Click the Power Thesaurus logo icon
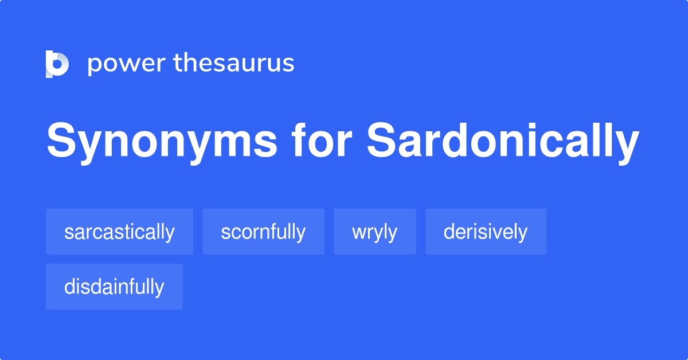tap(57, 64)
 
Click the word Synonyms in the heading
tap(162, 141)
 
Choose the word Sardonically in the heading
tap(503, 141)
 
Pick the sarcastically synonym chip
tap(119, 232)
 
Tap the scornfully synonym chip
tap(263, 232)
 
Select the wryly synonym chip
tap(374, 232)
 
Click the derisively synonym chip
tap(486, 232)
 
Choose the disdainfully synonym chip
tap(114, 287)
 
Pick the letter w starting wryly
tap(358, 233)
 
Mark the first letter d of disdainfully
tap(69, 287)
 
